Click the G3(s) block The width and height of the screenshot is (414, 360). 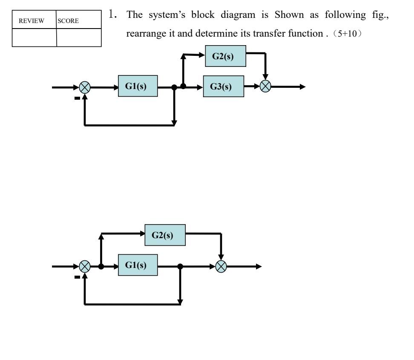(x=224, y=86)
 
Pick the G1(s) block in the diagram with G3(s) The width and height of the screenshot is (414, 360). (x=138, y=86)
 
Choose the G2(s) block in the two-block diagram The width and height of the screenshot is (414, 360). (x=165, y=236)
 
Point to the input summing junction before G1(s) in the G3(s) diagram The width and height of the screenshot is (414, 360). (x=85, y=86)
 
